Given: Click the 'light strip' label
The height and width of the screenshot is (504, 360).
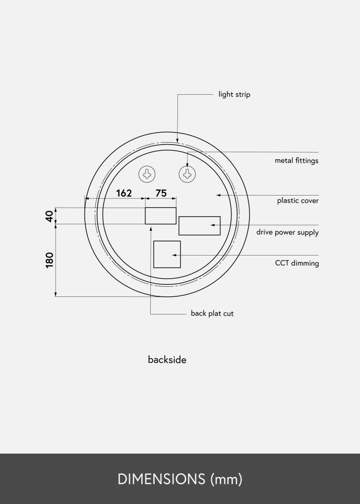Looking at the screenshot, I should coord(234,94).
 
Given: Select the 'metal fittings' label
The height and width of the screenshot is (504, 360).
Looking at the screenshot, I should coord(296,161).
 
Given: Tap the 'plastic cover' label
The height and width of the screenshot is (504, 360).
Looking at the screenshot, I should coord(297,201).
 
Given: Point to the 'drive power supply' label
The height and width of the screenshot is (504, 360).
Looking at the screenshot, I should coord(287,232).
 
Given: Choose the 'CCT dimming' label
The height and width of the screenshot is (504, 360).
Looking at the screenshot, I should coord(296,263).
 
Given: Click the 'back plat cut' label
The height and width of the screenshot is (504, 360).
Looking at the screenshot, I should coord(212,313).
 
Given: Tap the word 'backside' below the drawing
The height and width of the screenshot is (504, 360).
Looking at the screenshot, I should coord(167,360).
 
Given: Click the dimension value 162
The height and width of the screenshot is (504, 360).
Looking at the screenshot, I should coord(124,193).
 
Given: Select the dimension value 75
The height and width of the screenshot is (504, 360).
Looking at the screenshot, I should coord(161,193).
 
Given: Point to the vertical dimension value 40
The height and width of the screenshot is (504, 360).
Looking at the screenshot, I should coord(49,216).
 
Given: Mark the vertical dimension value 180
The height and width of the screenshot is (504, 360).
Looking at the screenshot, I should coord(49,260).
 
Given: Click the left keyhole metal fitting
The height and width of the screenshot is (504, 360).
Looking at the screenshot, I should coord(147,174).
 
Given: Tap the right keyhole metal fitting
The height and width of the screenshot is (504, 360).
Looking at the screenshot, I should coord(187,174).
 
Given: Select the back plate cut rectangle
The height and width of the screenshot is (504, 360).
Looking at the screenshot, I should coord(160,215).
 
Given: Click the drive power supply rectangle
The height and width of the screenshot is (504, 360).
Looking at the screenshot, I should coord(199,225).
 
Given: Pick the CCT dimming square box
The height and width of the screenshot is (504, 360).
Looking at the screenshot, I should coord(166,254).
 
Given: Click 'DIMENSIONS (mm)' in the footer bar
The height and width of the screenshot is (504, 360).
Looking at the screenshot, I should coord(180,479).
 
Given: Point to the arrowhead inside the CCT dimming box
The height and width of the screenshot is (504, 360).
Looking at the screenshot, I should coord(174,255).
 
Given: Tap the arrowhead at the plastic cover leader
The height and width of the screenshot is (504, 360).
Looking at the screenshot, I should coord(218,195).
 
